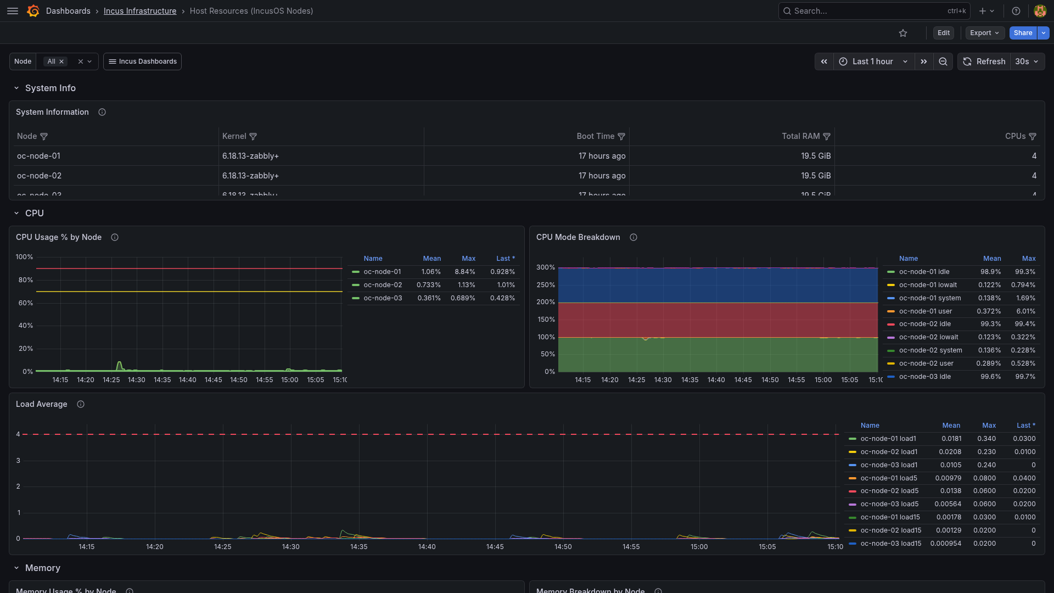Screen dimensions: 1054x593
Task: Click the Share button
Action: (1023, 33)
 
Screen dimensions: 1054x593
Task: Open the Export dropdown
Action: (985, 33)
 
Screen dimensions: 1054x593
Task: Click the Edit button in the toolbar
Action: (944, 33)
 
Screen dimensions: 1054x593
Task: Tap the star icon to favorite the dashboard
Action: (903, 33)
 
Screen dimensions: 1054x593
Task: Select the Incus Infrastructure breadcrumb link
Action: (140, 11)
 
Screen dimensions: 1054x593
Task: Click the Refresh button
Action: (985, 61)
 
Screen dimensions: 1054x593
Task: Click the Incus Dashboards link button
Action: (142, 61)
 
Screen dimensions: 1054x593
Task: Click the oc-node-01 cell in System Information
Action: (38, 156)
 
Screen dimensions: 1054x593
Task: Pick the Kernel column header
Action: (234, 136)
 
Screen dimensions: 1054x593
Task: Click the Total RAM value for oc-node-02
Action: (816, 176)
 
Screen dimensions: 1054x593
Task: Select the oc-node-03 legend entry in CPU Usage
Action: (383, 298)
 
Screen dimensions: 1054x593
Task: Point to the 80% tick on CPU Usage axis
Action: (26, 280)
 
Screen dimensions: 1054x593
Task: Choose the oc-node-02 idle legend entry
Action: (925, 324)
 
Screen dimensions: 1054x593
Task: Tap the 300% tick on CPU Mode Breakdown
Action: (546, 267)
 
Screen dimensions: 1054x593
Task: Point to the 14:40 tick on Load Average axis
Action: (427, 547)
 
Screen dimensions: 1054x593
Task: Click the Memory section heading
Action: (43, 568)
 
